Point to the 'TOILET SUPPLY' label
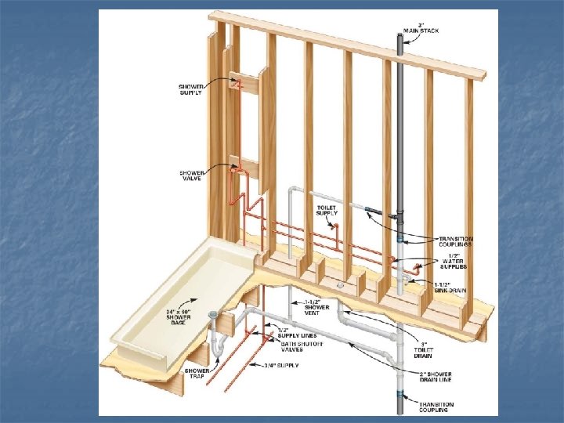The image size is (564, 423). click(x=327, y=210)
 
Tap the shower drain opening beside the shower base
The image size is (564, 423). click(x=214, y=315)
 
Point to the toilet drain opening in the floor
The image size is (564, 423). click(x=340, y=287)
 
